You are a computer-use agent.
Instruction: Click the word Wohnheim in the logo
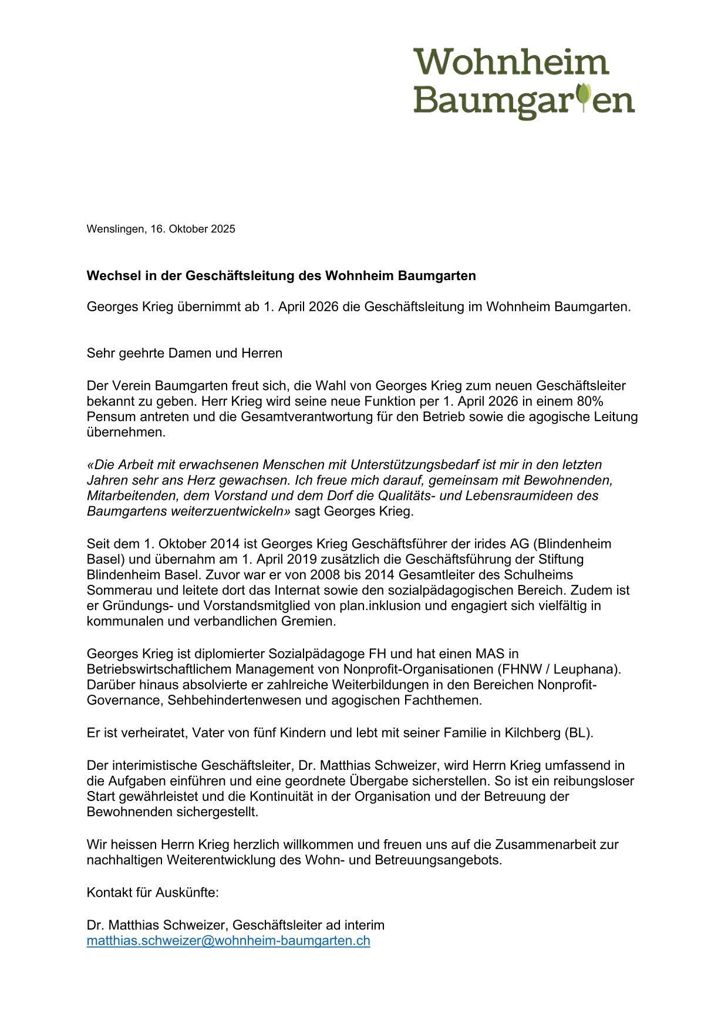(511, 62)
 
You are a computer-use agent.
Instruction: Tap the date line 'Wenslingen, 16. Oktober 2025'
(161, 229)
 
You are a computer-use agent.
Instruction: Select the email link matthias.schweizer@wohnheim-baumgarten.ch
(228, 941)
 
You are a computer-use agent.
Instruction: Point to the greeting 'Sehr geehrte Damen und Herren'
(184, 354)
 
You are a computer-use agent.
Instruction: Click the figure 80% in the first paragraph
(589, 402)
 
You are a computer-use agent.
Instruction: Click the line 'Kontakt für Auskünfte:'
(153, 893)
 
